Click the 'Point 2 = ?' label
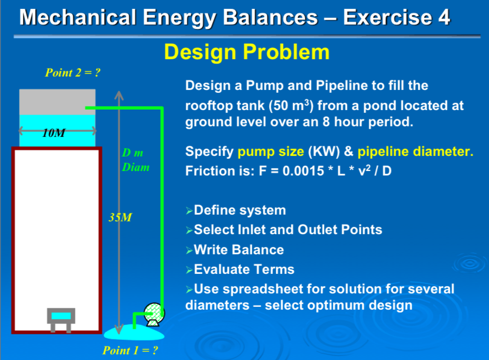[x=72, y=73]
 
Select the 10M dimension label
[x=54, y=133]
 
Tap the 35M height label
[x=120, y=217]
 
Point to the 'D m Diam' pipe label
[x=135, y=160]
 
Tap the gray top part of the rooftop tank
[x=57, y=101]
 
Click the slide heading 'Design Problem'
[x=246, y=52]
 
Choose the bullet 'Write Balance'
[x=238, y=249]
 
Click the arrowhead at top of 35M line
[x=117, y=93]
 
